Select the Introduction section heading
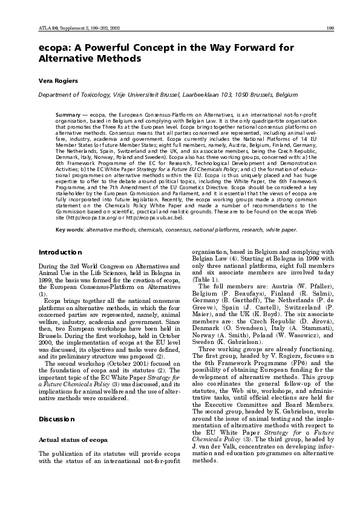(x=61, y=268)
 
